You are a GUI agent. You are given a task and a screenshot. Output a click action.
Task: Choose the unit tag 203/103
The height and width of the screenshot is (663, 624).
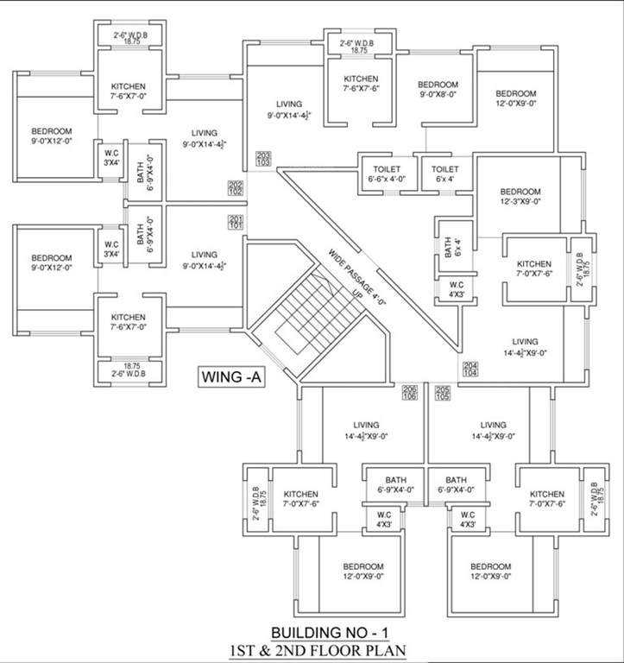point(263,158)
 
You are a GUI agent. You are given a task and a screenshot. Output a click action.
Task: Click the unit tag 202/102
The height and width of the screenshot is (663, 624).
point(236,187)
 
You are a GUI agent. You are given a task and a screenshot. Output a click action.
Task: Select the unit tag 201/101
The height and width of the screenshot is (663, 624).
point(236,222)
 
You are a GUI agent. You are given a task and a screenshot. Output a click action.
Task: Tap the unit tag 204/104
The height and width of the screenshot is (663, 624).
point(470,369)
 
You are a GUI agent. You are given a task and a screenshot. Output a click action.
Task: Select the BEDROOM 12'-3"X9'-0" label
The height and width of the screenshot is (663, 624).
point(520,196)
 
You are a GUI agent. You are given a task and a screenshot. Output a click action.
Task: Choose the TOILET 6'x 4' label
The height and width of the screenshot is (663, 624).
point(444,174)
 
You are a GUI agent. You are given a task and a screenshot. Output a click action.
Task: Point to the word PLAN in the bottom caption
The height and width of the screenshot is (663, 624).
point(386,649)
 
